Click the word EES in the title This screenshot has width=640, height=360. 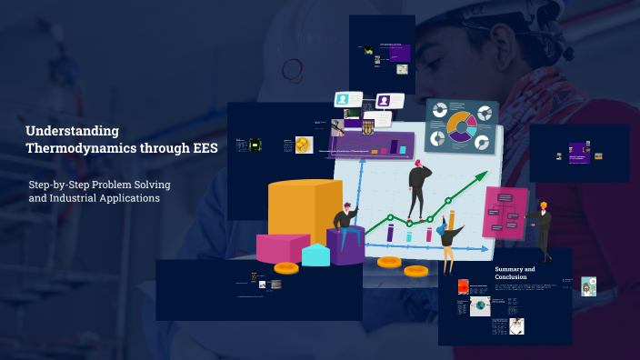(201, 149)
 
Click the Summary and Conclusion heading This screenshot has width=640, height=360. (515, 273)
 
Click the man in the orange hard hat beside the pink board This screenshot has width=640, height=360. (542, 227)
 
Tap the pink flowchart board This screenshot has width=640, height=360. (505, 214)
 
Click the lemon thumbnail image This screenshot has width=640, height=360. (304, 145)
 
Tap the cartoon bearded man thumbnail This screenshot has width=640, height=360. (589, 286)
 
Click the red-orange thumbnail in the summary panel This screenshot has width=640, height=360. (463, 286)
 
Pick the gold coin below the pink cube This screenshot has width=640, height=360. (286, 267)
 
